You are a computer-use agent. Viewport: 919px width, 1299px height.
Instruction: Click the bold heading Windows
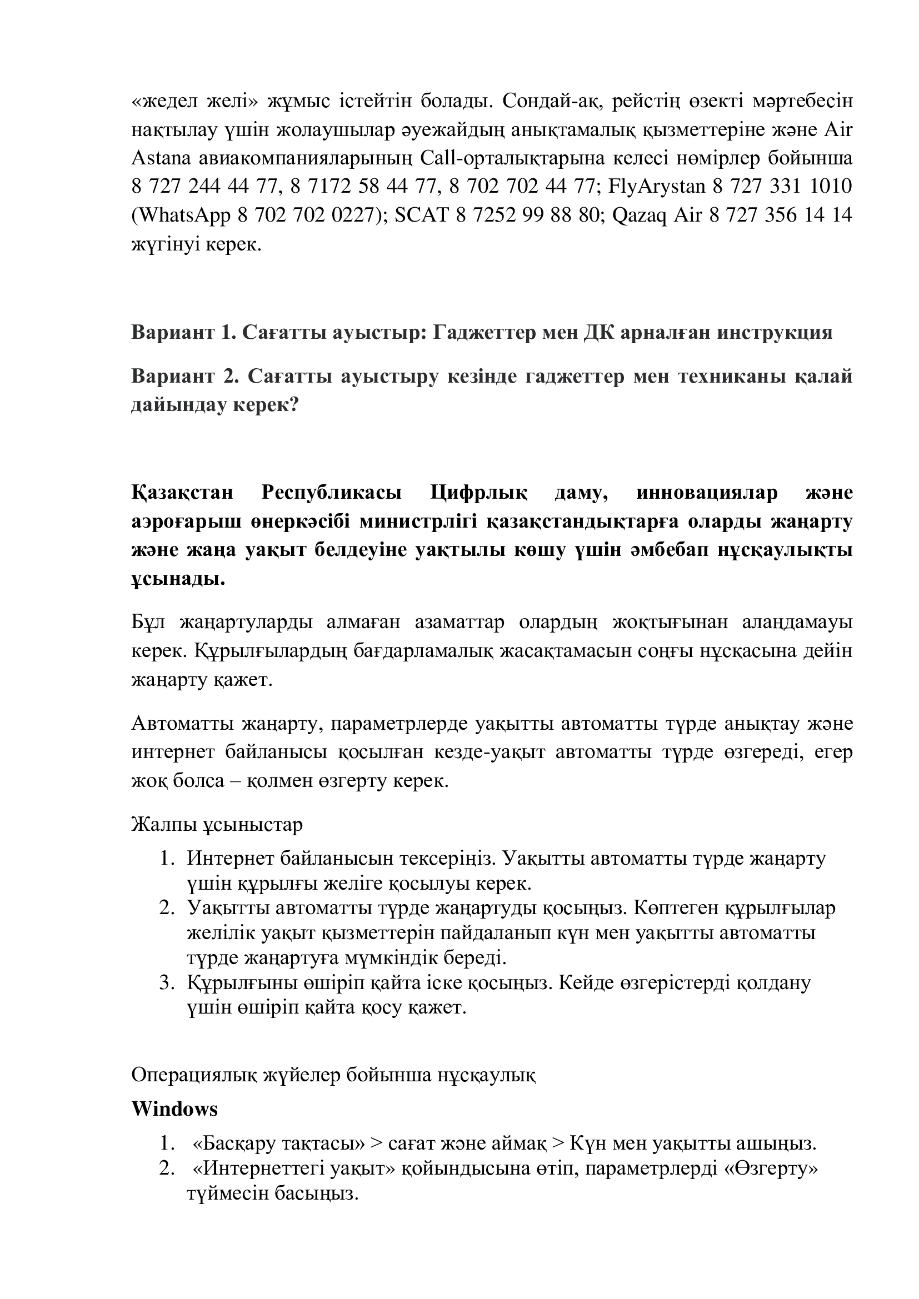click(174, 1109)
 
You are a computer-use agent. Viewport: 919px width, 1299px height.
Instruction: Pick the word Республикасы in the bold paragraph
click(332, 493)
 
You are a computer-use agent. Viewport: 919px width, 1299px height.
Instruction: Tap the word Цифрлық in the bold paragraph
click(479, 493)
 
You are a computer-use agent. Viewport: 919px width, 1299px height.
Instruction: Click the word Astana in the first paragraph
click(161, 158)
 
